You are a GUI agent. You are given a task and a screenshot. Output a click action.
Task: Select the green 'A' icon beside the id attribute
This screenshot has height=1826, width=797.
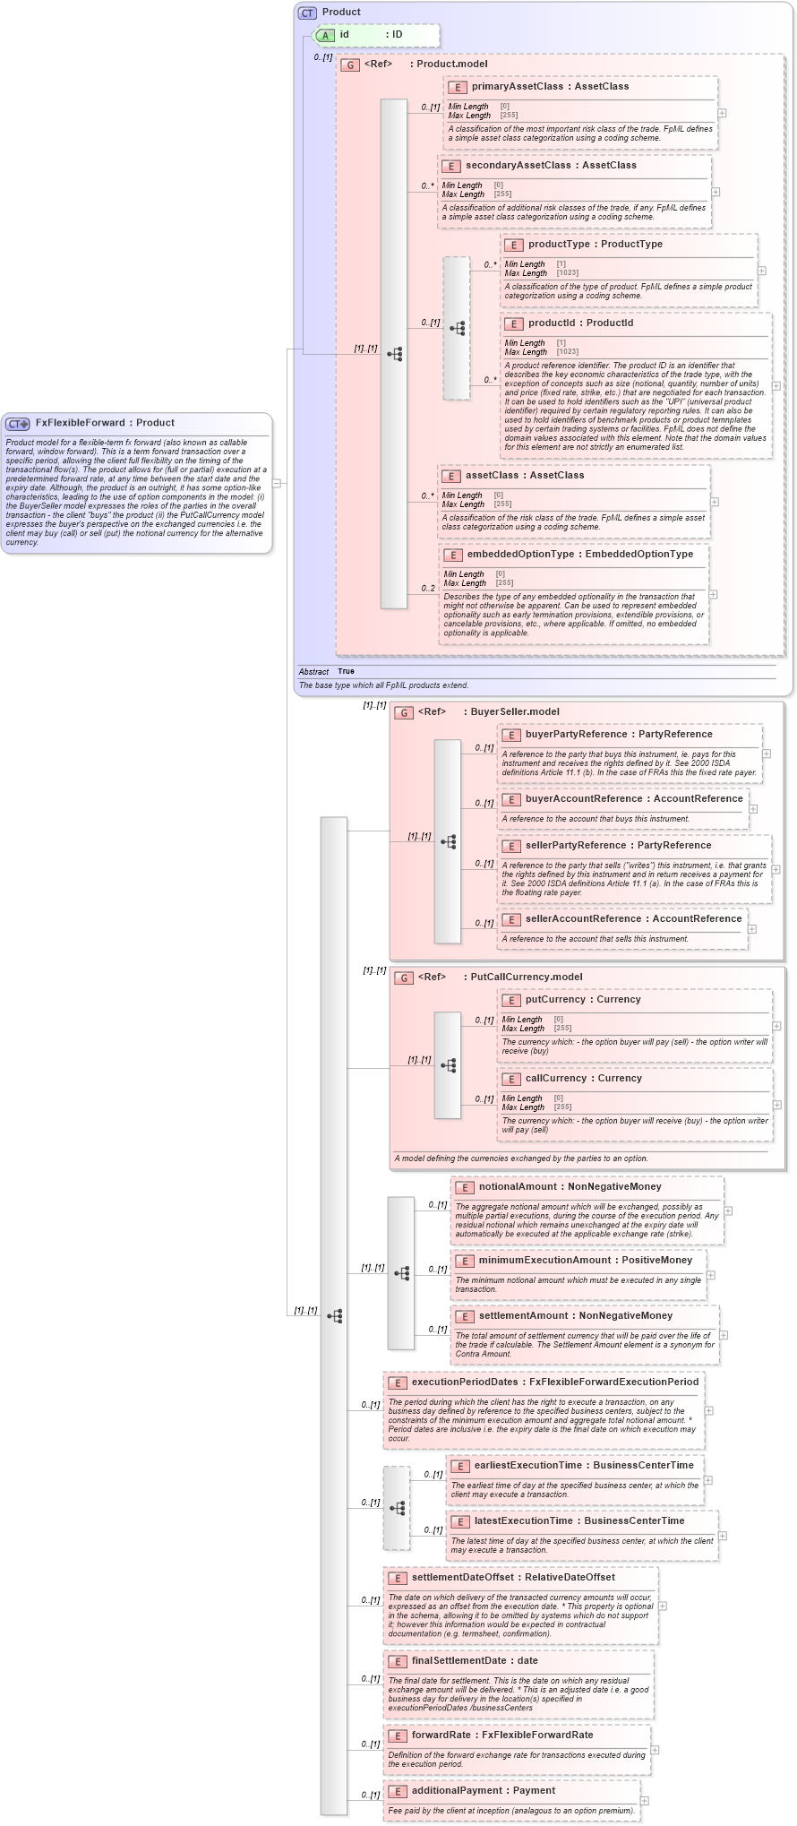coord(327,35)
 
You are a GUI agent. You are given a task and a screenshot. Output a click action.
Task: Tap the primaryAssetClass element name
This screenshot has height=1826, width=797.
coord(517,87)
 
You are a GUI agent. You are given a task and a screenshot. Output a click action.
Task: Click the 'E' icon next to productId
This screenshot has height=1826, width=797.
coord(514,323)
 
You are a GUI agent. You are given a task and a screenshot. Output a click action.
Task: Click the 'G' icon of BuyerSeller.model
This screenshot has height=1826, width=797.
coord(405,712)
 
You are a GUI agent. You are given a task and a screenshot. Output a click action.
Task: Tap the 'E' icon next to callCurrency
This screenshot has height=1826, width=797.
coord(511,1079)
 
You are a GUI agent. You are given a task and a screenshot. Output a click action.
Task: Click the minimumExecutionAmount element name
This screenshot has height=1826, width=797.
coord(546,1261)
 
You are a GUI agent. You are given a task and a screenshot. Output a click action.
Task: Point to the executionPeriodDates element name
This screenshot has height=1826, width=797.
coord(464,1382)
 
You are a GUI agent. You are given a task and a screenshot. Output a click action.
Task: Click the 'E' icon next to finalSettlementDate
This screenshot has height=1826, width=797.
coord(398,1661)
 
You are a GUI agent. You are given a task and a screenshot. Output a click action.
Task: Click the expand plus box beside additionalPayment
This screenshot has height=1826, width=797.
coord(644,1801)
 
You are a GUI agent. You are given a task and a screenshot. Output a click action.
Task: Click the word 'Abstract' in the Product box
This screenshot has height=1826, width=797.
coord(313,671)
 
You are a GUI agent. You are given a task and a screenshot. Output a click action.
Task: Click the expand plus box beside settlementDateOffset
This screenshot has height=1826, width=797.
coord(663,1606)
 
